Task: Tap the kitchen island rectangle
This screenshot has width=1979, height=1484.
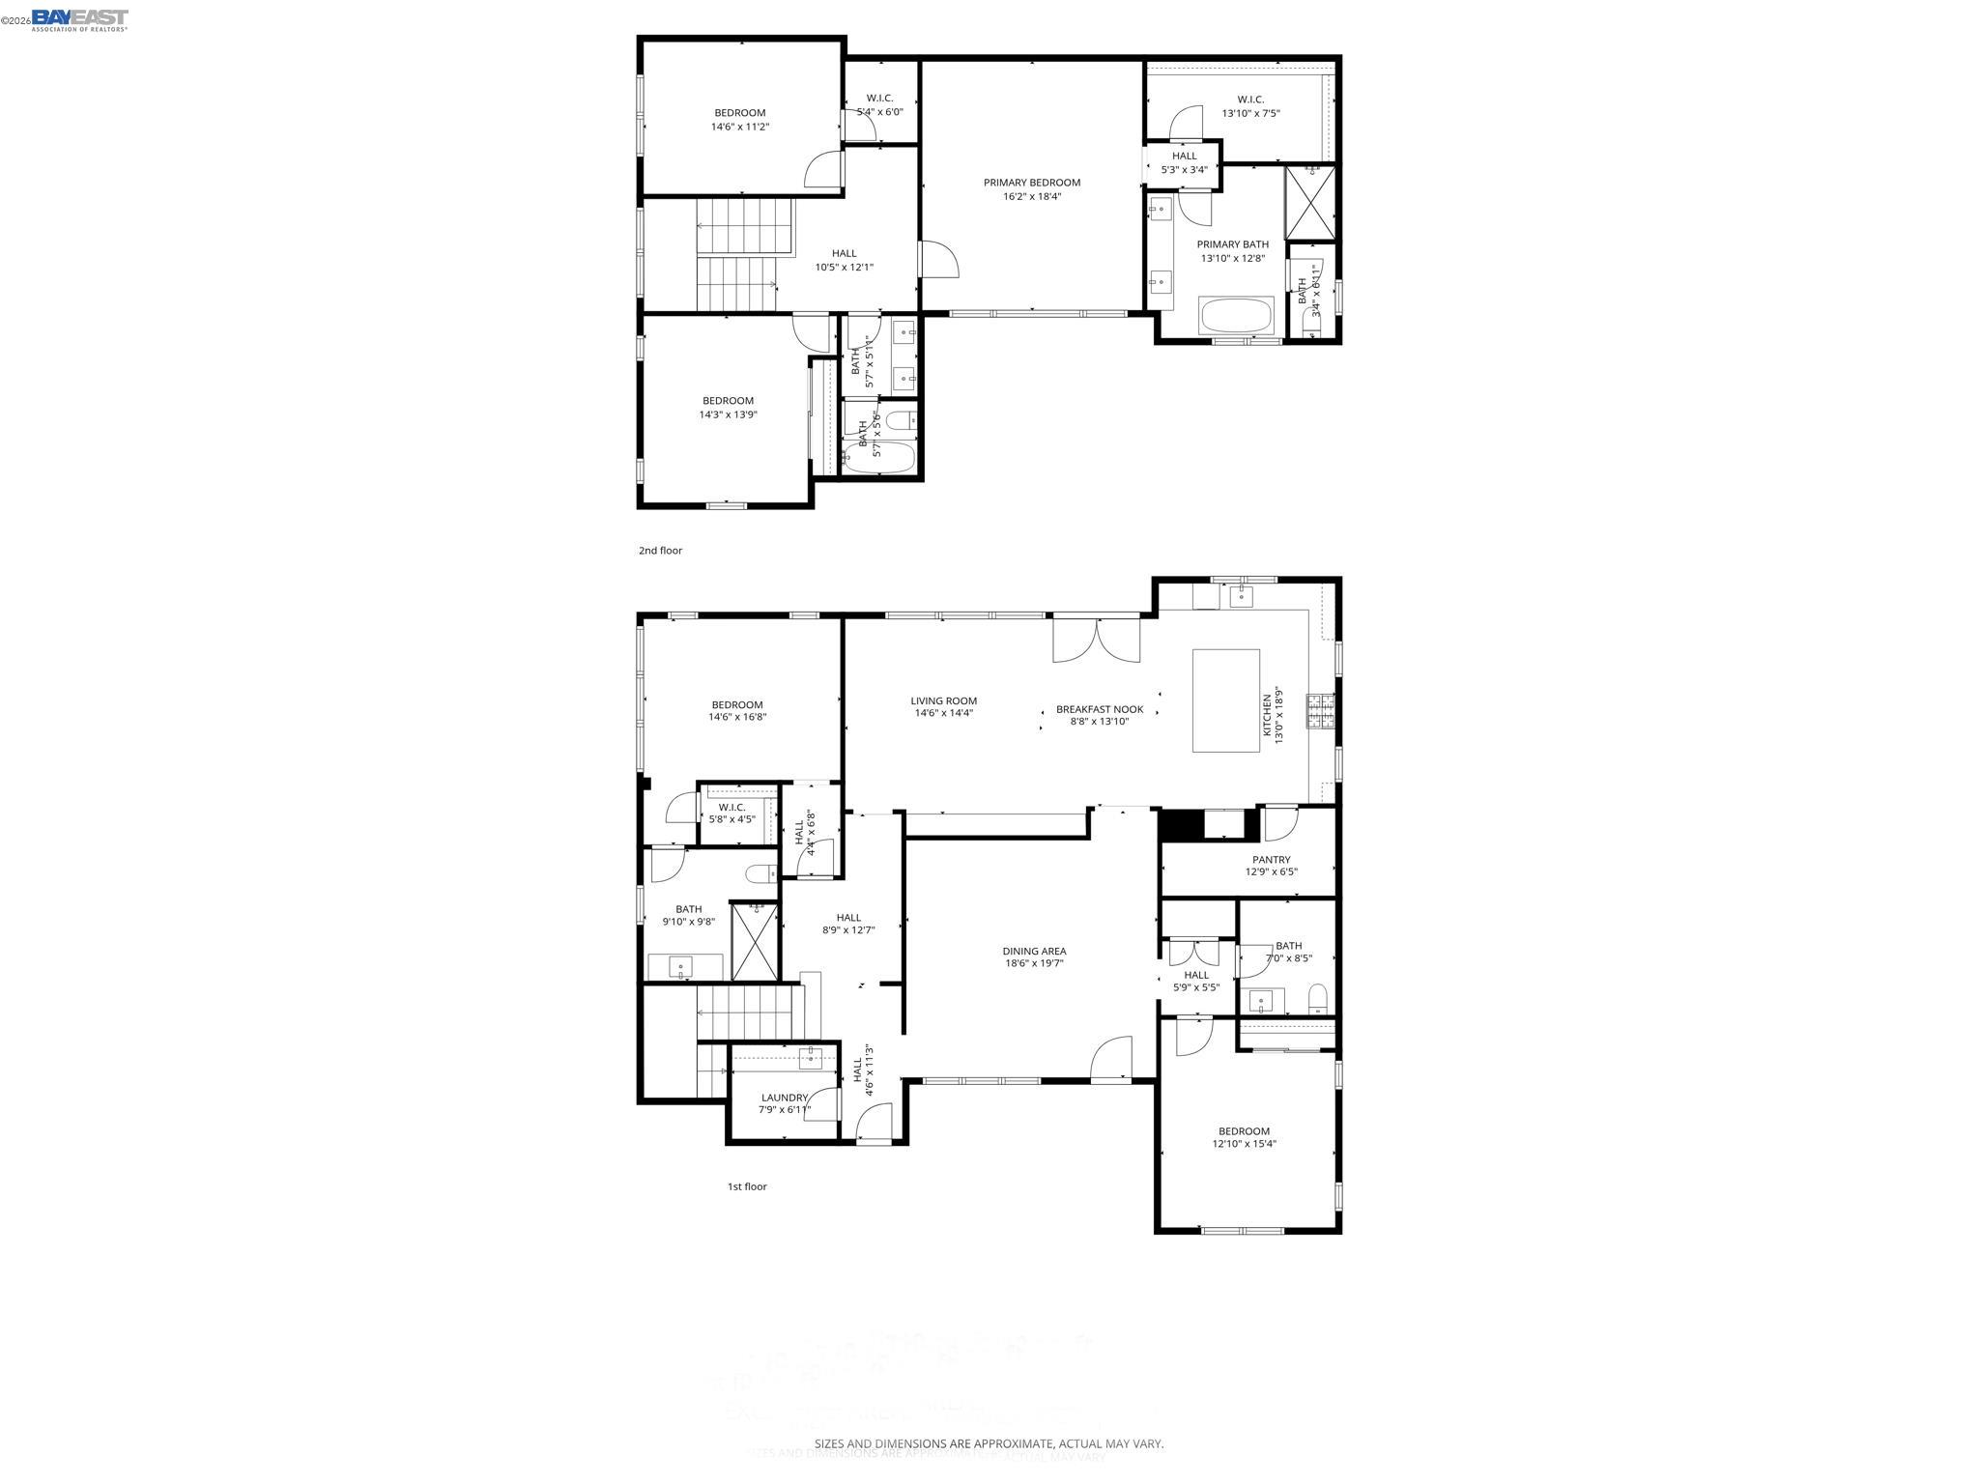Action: tap(1225, 700)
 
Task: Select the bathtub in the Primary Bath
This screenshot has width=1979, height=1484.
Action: tap(1236, 316)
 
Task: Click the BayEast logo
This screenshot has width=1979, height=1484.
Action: tap(79, 19)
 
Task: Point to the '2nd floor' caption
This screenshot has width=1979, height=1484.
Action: tap(660, 551)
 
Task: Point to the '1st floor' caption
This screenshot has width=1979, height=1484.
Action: tap(747, 1186)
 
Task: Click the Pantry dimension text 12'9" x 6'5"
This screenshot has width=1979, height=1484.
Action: tap(1271, 872)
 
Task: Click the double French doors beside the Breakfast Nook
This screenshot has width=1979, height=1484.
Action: tap(1096, 640)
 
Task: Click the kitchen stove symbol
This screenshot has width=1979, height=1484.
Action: tap(1320, 710)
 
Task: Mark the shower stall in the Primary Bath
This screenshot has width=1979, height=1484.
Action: tap(1309, 202)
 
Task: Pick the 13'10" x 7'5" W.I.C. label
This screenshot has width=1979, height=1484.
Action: tap(1250, 106)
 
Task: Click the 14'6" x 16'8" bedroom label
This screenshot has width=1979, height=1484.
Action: tap(737, 711)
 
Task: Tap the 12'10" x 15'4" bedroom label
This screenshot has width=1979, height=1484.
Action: tap(1244, 1137)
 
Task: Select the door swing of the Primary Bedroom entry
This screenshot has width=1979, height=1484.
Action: tap(938, 260)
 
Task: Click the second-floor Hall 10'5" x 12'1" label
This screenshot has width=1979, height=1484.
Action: tap(844, 260)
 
